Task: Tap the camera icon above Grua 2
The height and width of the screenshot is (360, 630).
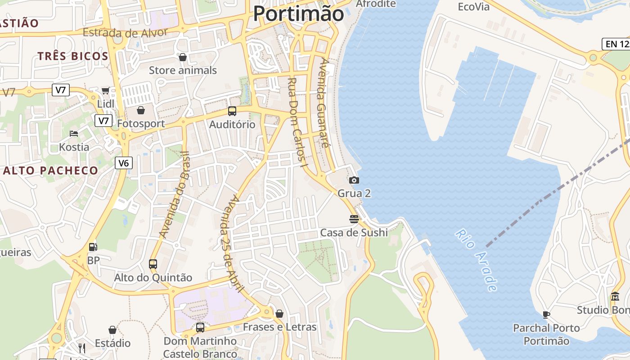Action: pos(354,180)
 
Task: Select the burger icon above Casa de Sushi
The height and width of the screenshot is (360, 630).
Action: pos(354,219)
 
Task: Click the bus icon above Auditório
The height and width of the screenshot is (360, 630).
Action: pos(232,111)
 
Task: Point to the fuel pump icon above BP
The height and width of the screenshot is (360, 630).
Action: pos(93,247)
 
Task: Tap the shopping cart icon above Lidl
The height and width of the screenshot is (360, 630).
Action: pos(106,91)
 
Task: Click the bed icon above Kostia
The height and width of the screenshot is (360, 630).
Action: pos(74,134)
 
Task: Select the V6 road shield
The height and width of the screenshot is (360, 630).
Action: pos(124,163)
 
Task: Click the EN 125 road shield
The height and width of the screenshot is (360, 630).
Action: pos(616,44)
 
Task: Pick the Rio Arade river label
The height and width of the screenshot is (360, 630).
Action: pos(477,260)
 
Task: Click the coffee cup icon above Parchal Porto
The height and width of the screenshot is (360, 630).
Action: pos(546,315)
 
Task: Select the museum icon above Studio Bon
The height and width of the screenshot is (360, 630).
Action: pos(615,297)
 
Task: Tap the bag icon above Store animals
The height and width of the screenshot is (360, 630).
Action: pos(183,57)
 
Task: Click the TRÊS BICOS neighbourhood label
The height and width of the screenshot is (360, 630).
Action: pos(73,56)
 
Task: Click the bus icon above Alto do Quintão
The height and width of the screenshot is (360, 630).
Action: pos(153,264)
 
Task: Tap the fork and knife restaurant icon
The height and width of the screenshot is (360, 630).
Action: pos(81,348)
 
